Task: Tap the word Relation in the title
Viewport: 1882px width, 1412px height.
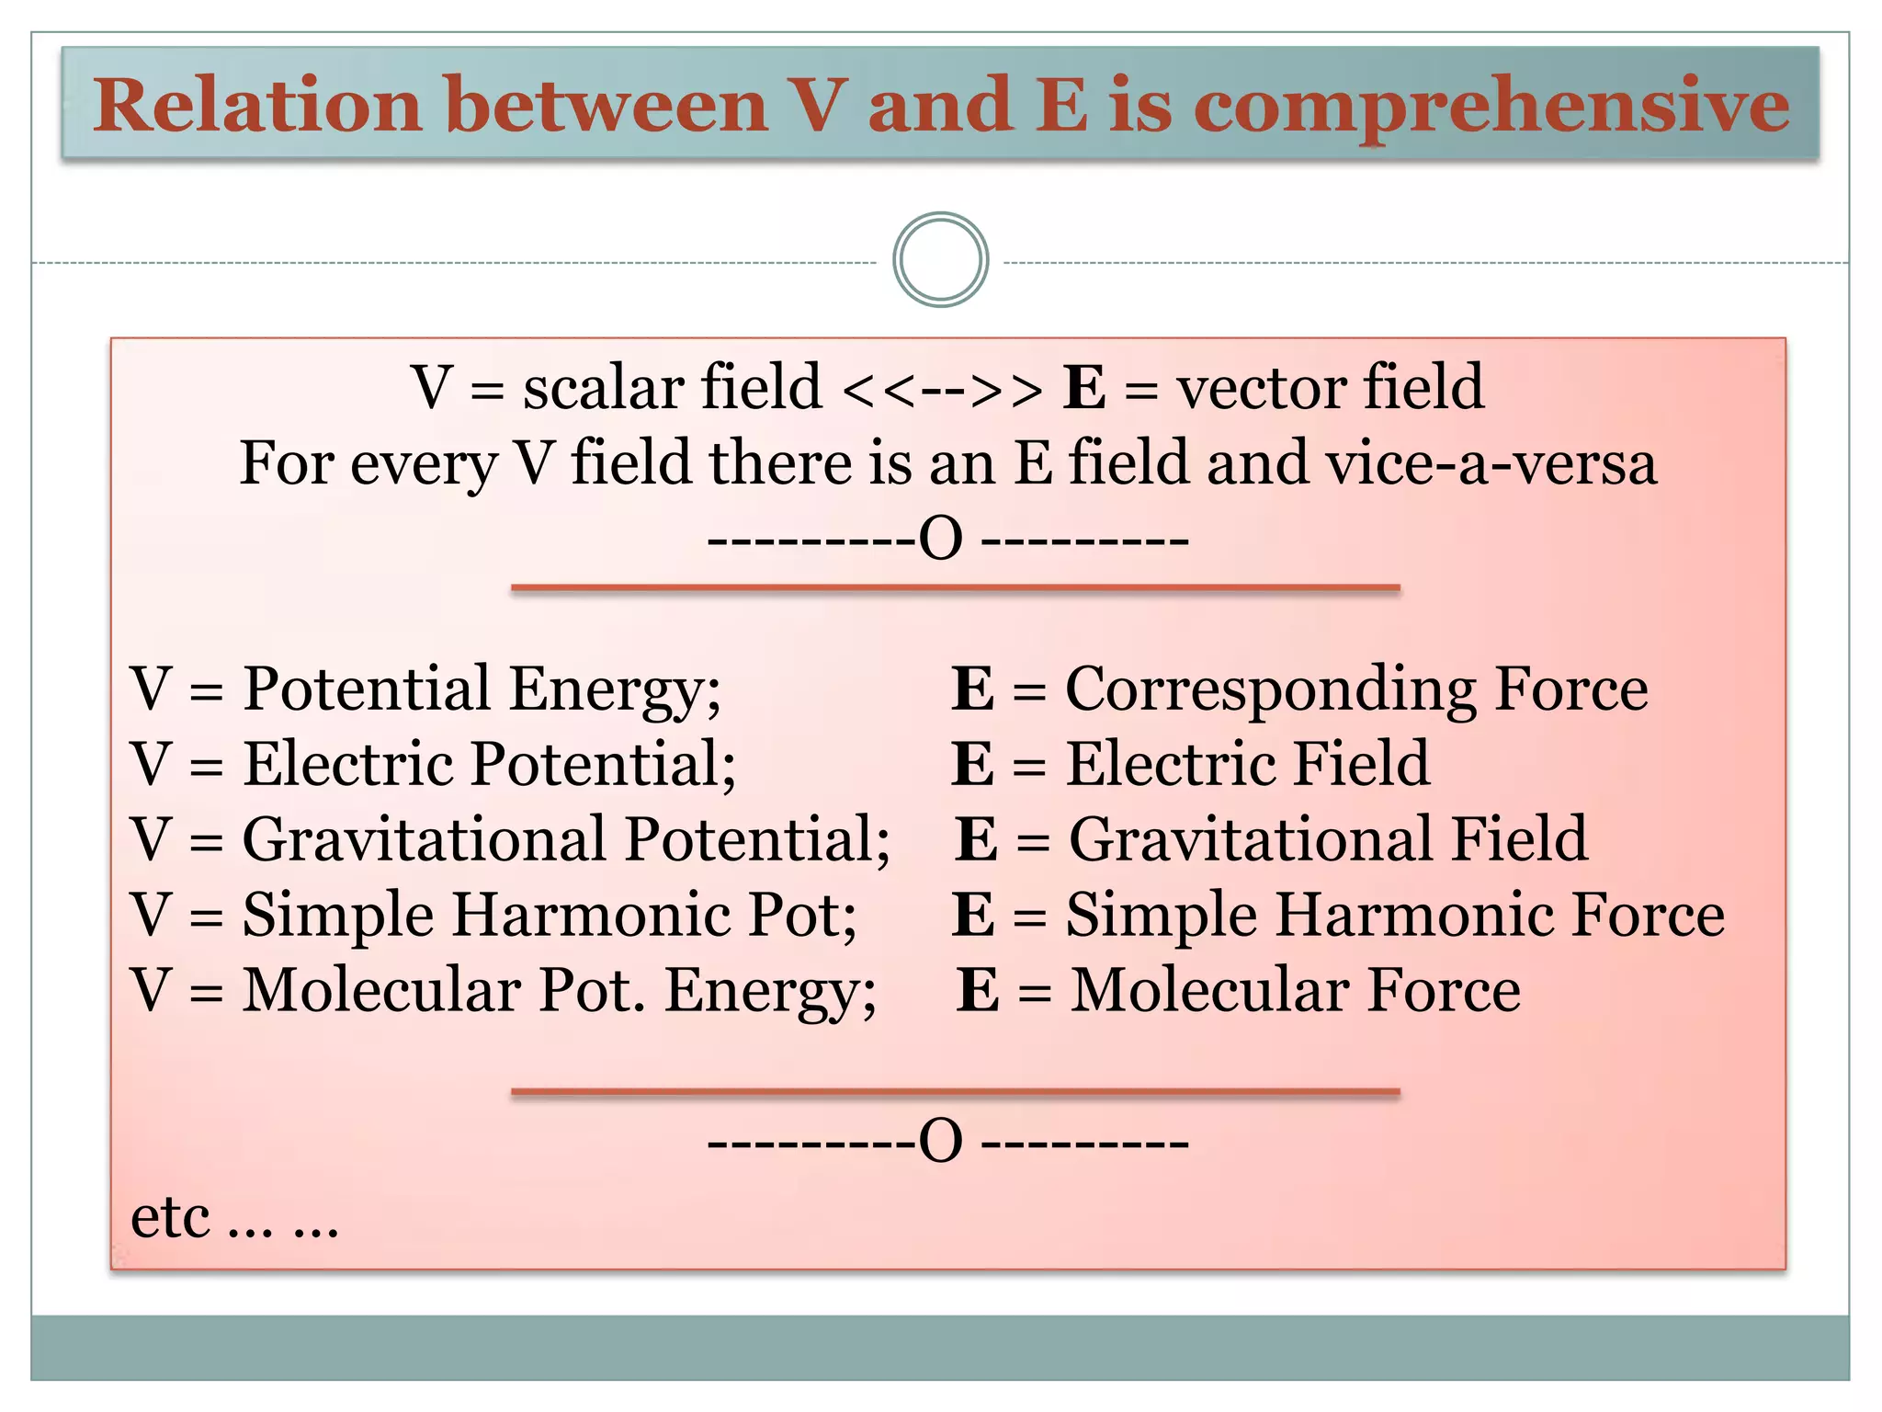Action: click(257, 107)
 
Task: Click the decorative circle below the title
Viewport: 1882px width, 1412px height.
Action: click(940, 260)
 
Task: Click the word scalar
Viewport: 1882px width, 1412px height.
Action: click(601, 388)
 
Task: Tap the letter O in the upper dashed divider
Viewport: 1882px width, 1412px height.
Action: click(941, 540)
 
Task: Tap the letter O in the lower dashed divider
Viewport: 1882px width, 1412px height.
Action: click(941, 1143)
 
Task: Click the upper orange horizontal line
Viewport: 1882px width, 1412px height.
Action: click(955, 587)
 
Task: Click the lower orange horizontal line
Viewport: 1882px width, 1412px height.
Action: click(955, 1092)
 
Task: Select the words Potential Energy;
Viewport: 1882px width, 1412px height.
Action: click(482, 689)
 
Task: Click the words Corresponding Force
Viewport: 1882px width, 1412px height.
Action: click(1356, 689)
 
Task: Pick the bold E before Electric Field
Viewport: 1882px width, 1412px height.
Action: click(972, 764)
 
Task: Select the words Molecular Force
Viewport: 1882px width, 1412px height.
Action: click(1295, 991)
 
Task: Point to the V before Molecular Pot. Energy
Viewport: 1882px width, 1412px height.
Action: click(151, 991)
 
